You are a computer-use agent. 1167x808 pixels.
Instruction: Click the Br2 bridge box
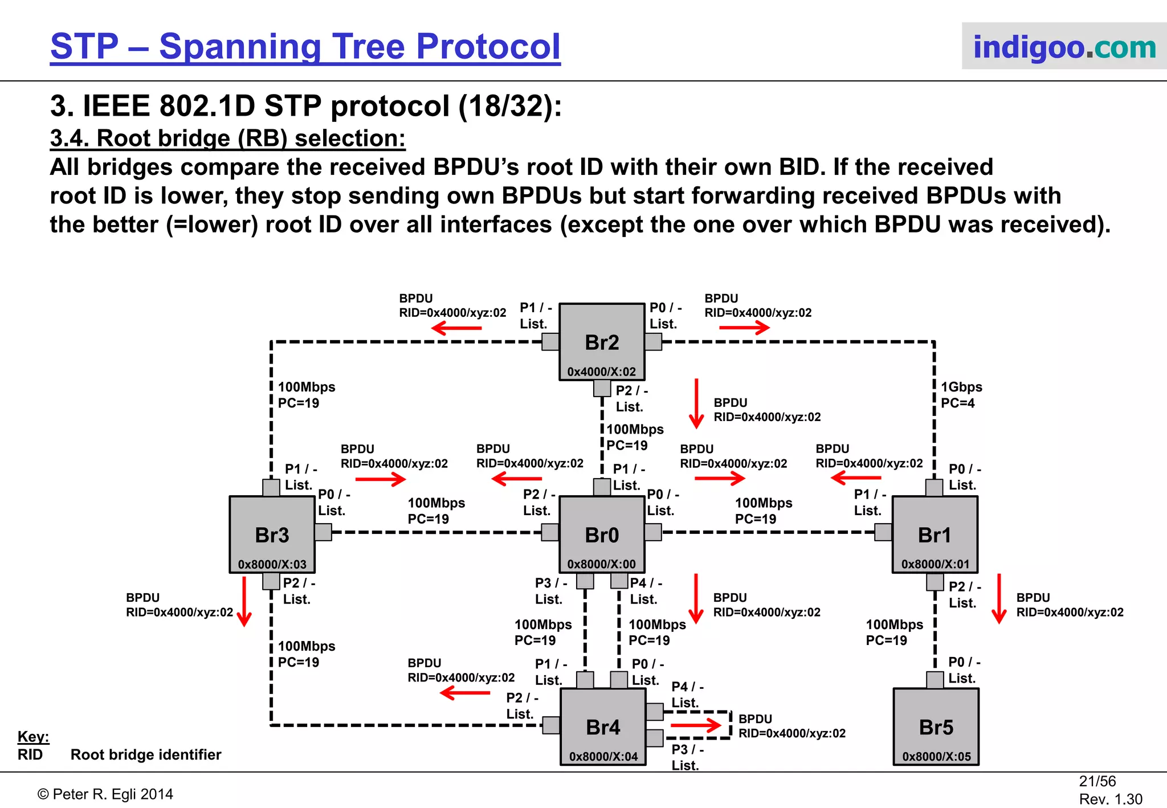tap(602, 342)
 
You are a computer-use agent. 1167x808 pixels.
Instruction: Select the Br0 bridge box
tap(602, 534)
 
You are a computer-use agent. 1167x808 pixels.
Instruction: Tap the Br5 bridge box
tap(936, 727)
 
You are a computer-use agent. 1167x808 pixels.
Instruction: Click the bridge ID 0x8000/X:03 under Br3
tap(272, 564)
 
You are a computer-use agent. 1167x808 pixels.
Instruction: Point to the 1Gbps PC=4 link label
tap(961, 395)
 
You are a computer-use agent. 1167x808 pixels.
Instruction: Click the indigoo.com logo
tap(1064, 46)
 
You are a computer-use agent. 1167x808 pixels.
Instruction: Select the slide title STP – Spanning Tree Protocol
tap(305, 46)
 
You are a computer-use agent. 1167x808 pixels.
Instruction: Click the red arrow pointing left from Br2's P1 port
tap(456, 328)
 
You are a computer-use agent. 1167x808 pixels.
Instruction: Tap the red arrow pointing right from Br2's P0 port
tap(744, 328)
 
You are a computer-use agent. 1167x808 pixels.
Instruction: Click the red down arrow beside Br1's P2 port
tap(999, 598)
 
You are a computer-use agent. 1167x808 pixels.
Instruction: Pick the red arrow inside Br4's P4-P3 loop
tap(696, 725)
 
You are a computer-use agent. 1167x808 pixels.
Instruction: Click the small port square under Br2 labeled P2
tap(602, 389)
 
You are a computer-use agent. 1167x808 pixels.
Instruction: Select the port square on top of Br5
tap(935, 680)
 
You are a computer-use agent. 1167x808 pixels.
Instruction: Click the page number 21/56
tap(1097, 781)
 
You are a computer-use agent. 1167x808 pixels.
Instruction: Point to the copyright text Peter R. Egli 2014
tap(105, 794)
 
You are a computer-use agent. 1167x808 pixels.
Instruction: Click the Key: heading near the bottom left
tap(33, 736)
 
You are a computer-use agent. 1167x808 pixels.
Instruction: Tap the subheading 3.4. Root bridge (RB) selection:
tap(227, 138)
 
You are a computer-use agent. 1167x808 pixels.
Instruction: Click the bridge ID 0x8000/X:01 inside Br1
tap(935, 564)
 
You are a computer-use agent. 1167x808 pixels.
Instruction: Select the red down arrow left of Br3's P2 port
tap(244, 601)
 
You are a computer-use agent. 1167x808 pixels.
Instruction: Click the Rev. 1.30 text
tap(1110, 799)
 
